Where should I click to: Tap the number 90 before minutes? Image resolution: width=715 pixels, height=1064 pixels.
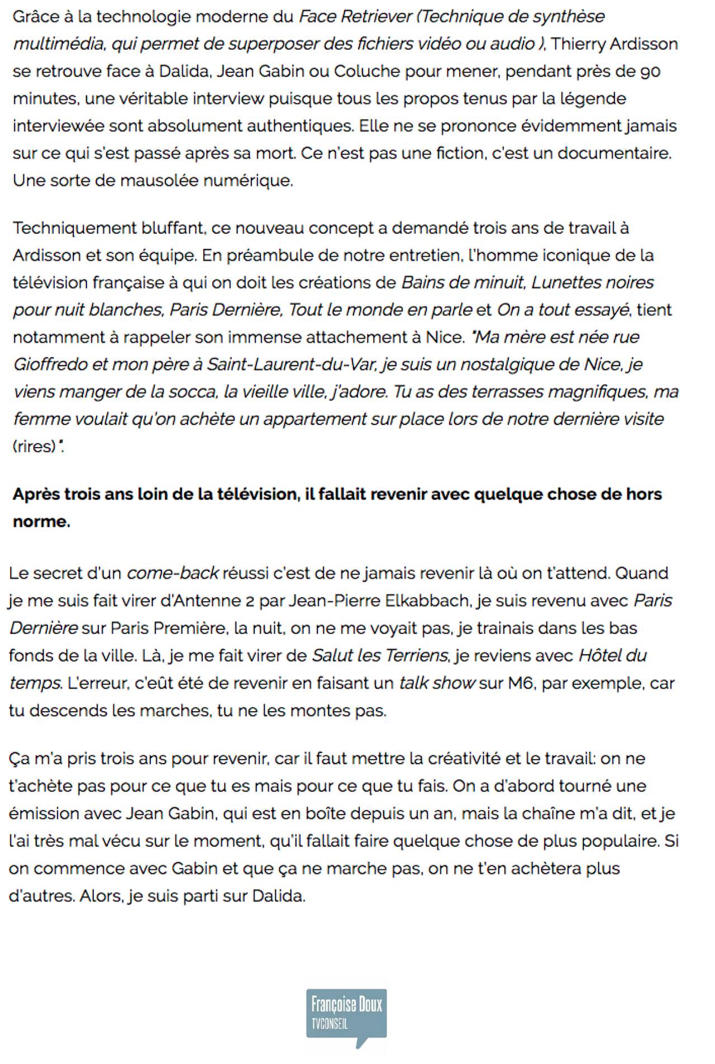point(650,71)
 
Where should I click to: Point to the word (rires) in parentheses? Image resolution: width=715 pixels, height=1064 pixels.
point(34,447)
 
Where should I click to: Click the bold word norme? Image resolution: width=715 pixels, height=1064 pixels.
point(41,521)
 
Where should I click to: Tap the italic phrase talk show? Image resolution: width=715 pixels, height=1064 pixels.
point(437,683)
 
